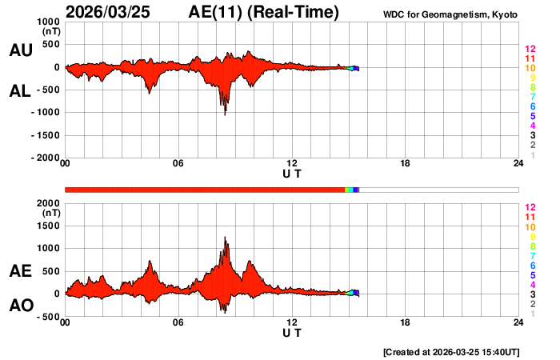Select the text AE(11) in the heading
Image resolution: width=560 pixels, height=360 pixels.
[218, 12]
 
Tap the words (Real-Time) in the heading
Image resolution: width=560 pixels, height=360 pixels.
[294, 12]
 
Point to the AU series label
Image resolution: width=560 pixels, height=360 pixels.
[20, 50]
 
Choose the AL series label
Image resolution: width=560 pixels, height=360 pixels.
[20, 91]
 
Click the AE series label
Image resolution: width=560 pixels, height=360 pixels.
[20, 271]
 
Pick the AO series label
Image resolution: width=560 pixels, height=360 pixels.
[20, 306]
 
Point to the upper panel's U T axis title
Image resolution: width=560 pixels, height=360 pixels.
[292, 173]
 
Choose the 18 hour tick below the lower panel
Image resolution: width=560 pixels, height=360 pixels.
[405, 324]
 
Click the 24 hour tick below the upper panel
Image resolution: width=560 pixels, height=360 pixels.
[518, 164]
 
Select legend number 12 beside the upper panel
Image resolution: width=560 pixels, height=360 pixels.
[530, 49]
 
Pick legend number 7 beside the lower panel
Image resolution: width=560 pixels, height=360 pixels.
[532, 256]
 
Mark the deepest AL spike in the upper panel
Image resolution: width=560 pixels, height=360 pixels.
[225, 114]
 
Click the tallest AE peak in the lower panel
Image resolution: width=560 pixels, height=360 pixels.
[226, 238]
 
